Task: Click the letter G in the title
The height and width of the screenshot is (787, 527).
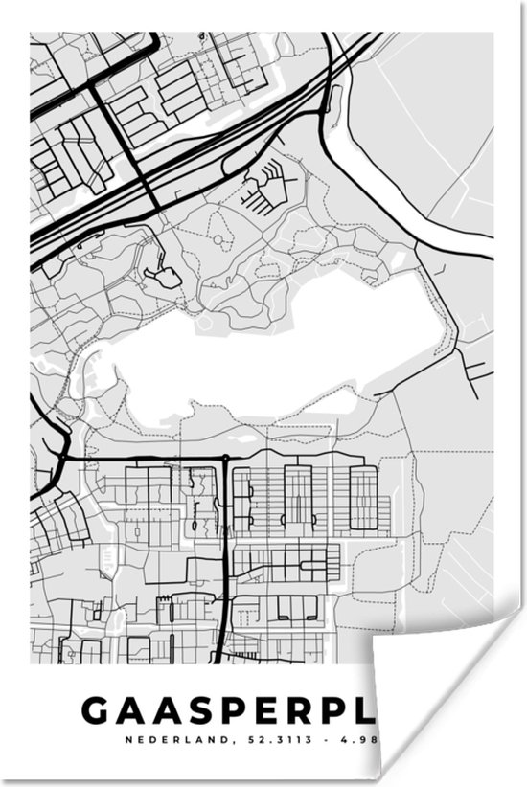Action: [x=96, y=710]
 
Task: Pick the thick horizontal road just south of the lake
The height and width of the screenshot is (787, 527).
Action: [x=144, y=460]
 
